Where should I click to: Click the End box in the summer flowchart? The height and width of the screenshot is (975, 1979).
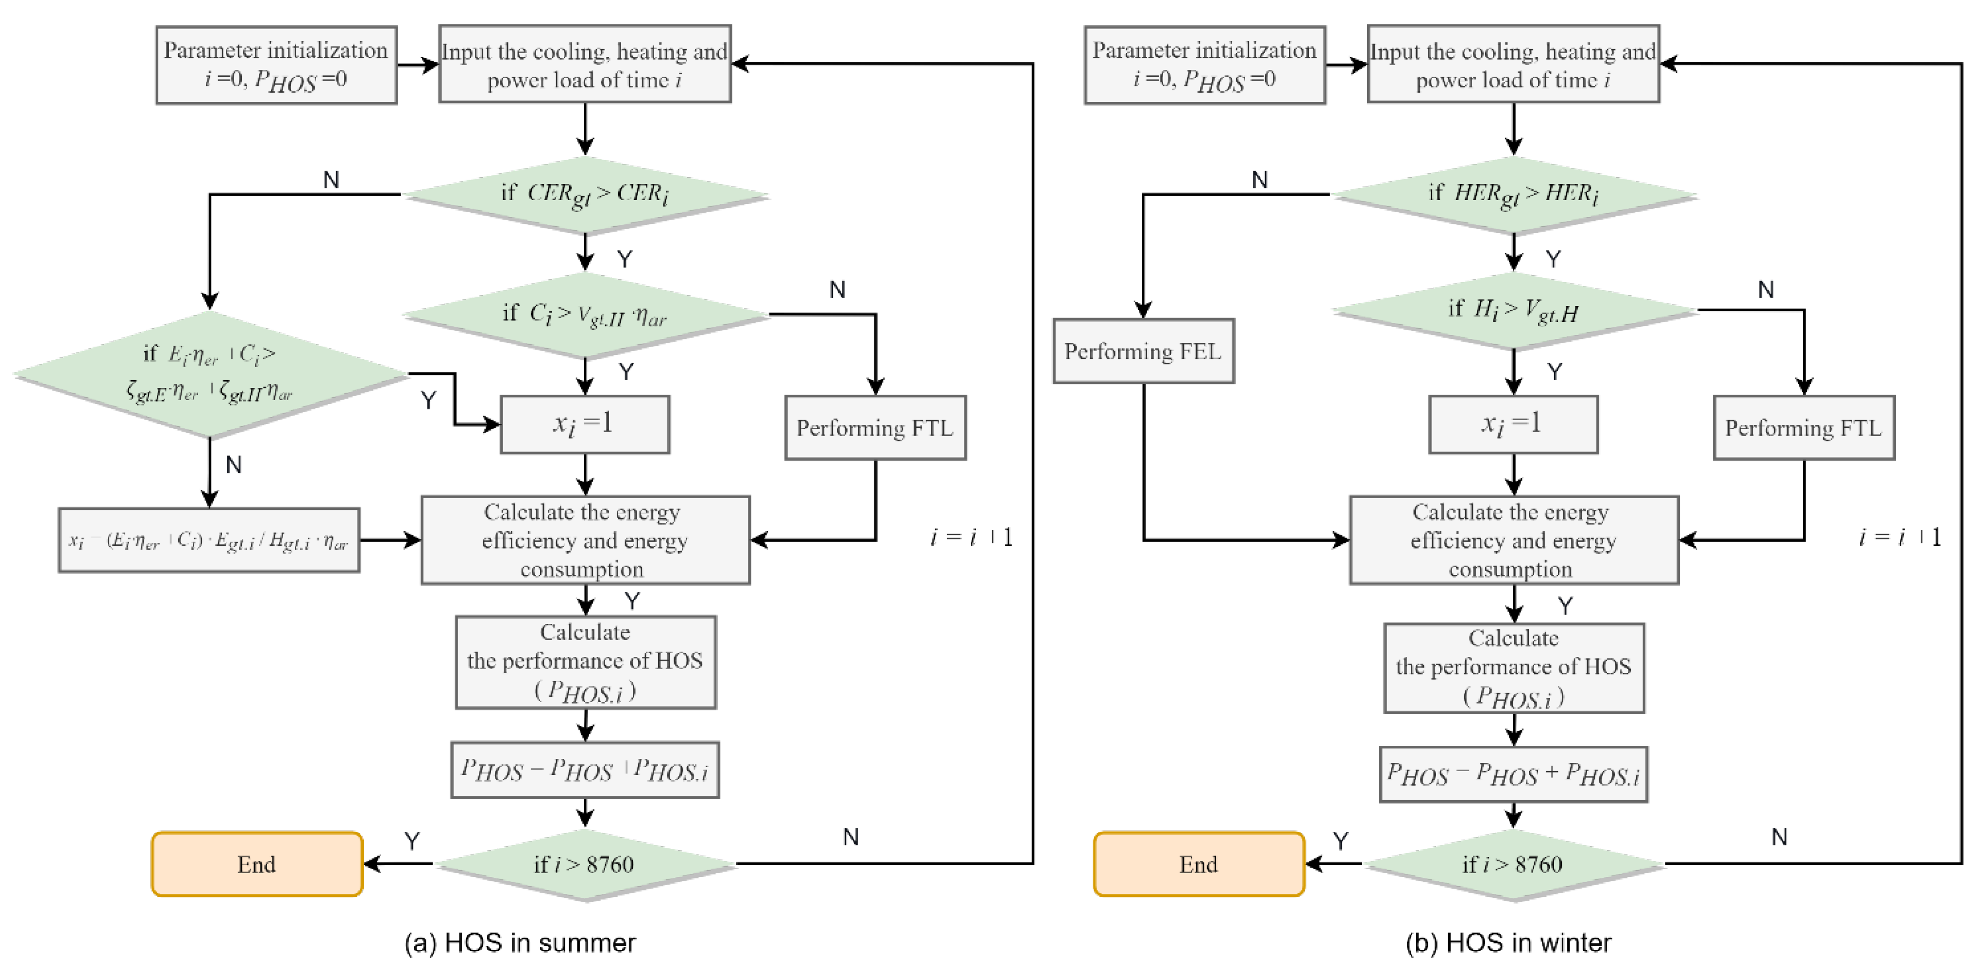[256, 864]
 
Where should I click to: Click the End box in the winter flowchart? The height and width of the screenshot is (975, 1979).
[1199, 864]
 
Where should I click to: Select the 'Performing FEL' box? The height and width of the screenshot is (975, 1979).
[1143, 351]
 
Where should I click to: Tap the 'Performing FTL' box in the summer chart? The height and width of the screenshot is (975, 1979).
[875, 428]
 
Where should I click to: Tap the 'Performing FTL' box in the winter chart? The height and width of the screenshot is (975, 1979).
[1803, 428]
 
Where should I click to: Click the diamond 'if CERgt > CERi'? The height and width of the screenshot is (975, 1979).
[585, 194]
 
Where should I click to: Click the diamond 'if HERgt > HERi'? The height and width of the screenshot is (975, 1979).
[1513, 194]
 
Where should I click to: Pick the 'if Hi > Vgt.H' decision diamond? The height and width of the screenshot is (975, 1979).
[1513, 310]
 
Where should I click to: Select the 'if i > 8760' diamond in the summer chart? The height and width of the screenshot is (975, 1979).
[585, 864]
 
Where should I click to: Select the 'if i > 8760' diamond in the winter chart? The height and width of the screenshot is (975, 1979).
[1513, 864]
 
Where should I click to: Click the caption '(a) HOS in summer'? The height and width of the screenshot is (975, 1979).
[520, 943]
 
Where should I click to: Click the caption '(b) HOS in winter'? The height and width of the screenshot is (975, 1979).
[1508, 943]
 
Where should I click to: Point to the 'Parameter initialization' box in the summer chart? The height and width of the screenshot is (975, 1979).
[276, 65]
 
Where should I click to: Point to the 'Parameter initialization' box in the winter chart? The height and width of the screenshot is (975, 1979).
[1204, 65]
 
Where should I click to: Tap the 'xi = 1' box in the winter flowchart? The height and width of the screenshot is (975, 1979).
[1513, 424]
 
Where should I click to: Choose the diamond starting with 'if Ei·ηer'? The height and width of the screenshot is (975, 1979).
[210, 375]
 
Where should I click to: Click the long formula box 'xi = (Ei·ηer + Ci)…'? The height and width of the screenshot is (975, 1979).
[209, 540]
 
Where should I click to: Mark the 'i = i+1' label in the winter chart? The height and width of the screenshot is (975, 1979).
[1899, 537]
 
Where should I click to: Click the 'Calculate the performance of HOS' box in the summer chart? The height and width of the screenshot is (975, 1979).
[585, 661]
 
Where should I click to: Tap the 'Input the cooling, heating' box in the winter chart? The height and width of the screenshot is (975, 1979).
[1513, 65]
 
